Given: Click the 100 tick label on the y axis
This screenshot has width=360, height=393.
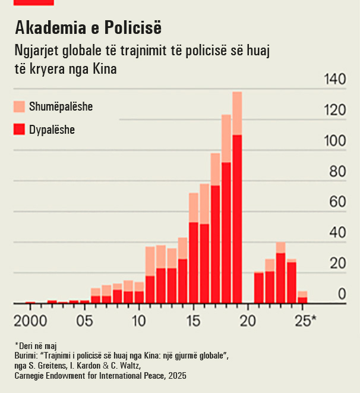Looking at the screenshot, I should coord(332,142).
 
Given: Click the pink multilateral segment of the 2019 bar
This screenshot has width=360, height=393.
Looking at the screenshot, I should coord(237,113).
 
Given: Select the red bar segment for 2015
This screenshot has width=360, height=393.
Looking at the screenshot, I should coord(194,262).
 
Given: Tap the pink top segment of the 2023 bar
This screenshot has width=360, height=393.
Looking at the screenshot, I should coord(280,247).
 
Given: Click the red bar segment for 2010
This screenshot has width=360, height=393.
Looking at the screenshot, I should coord(139,297).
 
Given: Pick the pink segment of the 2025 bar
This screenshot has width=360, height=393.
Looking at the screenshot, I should coord(302,294).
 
